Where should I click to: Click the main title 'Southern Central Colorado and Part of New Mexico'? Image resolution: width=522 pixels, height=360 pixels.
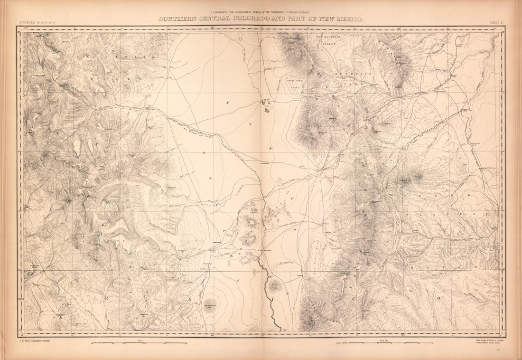click(x=261, y=19)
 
